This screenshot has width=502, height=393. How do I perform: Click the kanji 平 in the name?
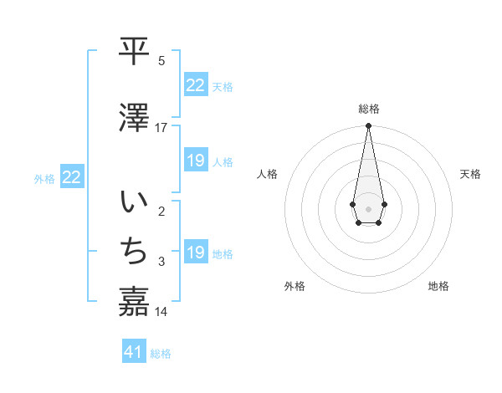134,52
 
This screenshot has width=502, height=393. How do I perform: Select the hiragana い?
134,203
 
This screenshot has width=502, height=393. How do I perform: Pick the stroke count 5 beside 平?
161,61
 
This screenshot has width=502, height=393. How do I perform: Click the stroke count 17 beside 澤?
161,128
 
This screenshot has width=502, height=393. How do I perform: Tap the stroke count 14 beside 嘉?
161,312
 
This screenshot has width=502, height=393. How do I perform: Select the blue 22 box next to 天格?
195,85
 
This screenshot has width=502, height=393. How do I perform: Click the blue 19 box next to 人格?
195,161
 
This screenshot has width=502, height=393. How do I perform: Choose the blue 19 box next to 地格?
195,253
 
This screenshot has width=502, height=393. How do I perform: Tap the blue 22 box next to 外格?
71,177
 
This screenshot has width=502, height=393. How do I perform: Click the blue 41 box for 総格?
134,352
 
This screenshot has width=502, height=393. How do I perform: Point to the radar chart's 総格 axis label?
369,109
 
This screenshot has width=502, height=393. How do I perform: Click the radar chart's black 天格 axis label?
470,174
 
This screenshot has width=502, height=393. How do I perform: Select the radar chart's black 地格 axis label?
438,286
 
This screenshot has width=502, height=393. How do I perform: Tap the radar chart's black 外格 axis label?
295,286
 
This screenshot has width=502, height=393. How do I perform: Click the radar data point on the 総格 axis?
368,126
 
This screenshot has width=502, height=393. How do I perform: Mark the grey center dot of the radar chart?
368,207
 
